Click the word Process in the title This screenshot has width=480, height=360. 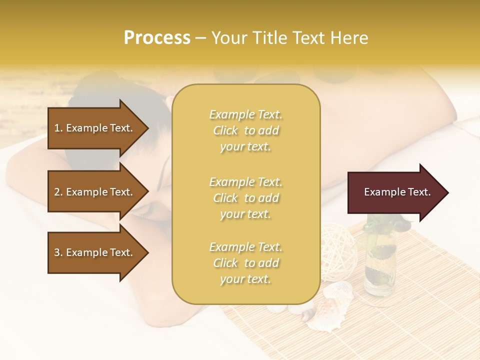[x=157, y=38]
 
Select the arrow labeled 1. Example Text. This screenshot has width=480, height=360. [x=95, y=128]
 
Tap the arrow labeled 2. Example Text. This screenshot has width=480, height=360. [x=95, y=192]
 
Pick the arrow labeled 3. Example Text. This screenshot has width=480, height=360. [x=95, y=252]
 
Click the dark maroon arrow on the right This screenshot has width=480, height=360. [x=395, y=192]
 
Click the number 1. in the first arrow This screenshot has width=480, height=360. [x=58, y=128]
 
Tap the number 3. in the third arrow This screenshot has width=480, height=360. [x=58, y=252]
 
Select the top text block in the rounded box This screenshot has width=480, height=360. [x=245, y=130]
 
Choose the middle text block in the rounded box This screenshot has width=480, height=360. [x=245, y=198]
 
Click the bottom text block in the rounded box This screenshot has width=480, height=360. [x=245, y=263]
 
